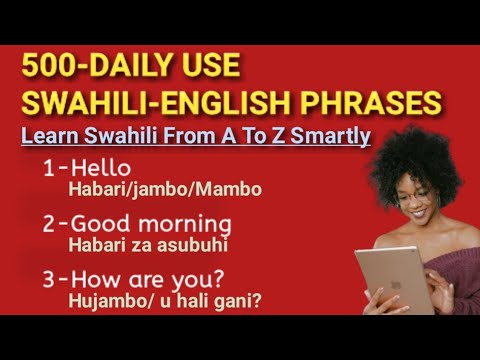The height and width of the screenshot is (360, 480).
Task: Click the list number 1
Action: (x=49, y=169)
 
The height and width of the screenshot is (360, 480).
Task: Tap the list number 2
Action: (x=50, y=223)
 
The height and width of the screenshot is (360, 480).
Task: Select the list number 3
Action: (x=50, y=276)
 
